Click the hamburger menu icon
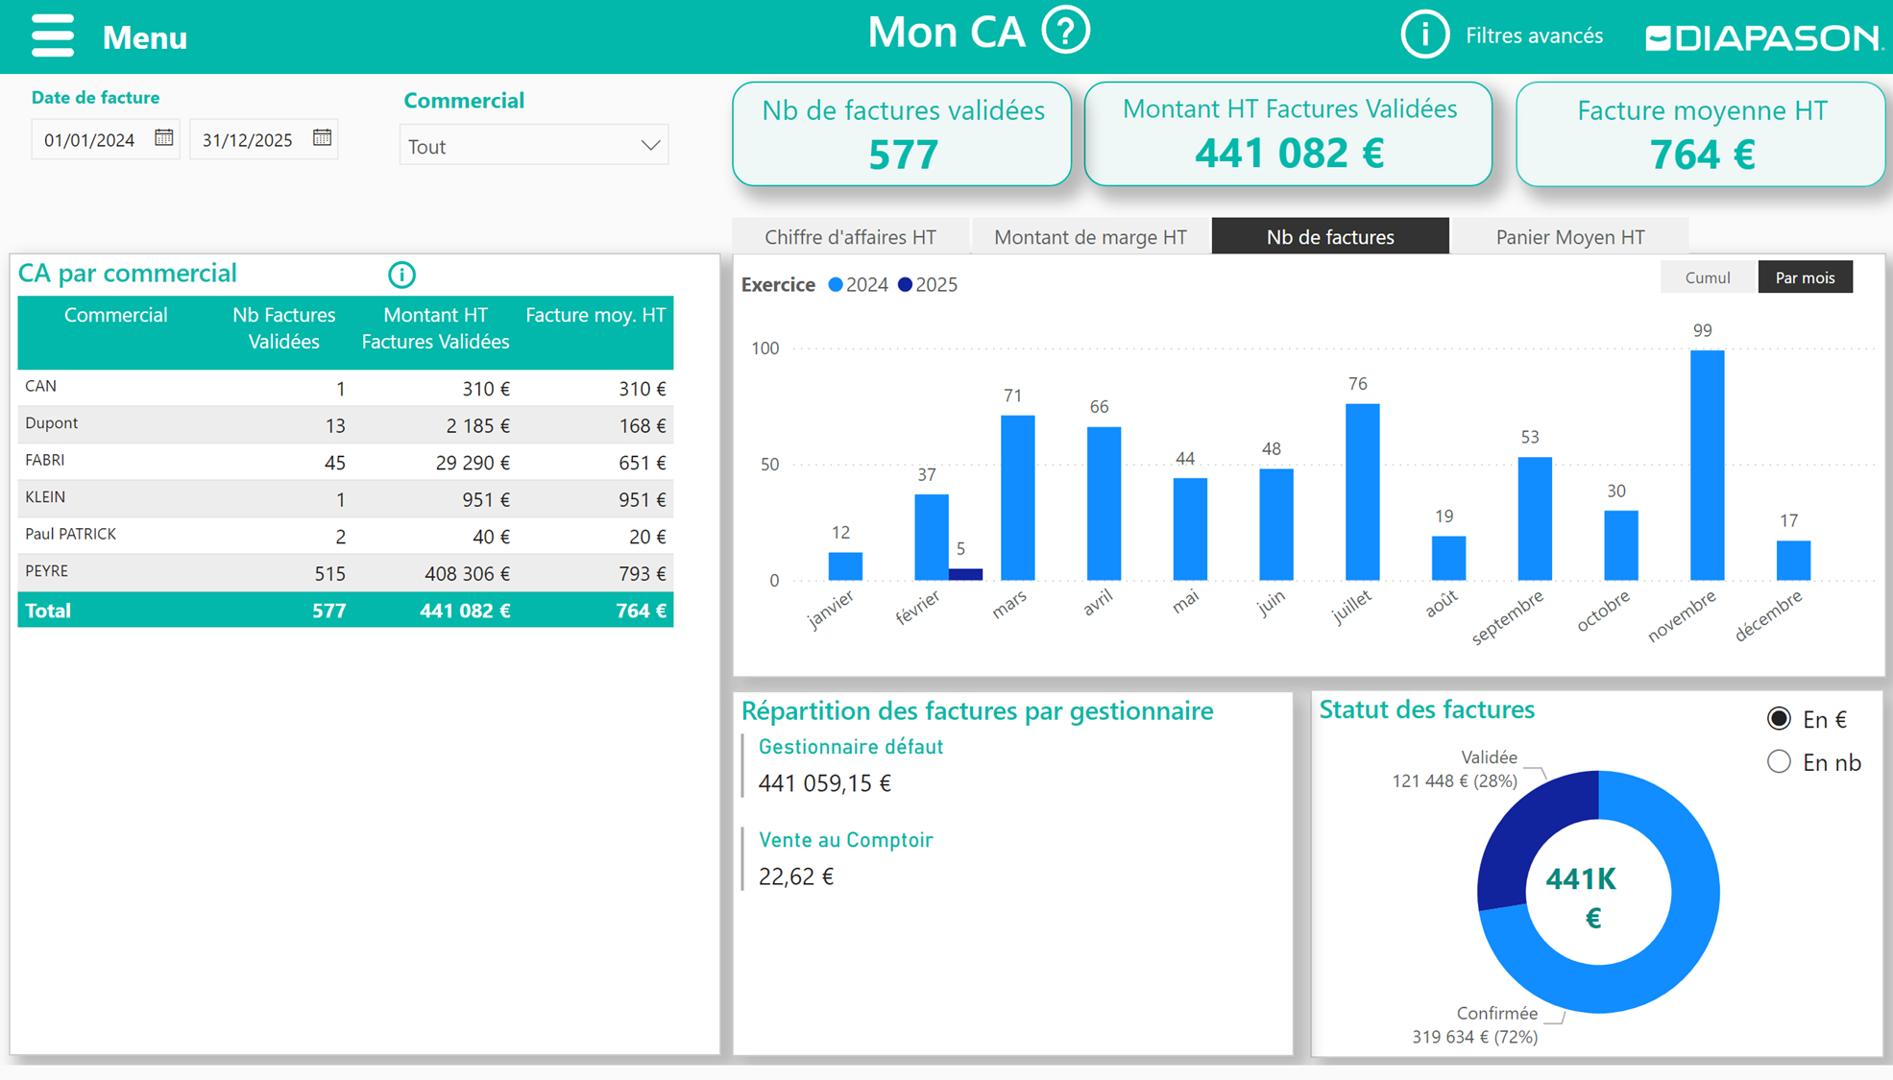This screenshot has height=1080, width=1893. pos(52,36)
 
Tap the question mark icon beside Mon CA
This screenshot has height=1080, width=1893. pos(1065,31)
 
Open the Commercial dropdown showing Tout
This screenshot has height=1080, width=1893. pos(534,146)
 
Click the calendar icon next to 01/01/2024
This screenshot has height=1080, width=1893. pos(164,138)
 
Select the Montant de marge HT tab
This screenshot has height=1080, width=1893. pos(1090,237)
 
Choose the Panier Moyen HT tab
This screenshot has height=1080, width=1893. pos(1569,237)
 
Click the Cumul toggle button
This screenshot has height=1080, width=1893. pos(1707,277)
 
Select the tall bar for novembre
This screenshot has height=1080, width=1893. pos(1707,466)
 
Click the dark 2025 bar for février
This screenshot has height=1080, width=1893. pos(965,574)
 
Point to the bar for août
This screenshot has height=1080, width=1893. pos(1448,558)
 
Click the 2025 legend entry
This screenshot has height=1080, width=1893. pos(928,285)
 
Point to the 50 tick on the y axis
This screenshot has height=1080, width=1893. pos(769,465)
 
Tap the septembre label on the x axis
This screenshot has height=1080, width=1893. pos(1507,616)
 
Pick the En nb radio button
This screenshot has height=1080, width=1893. pos(1779,762)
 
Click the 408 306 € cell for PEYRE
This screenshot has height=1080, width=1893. pos(467,574)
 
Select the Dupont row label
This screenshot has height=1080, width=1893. pos(52,423)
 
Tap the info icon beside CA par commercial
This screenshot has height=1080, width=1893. pos(401,276)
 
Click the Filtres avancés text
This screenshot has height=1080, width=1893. pos(1534,36)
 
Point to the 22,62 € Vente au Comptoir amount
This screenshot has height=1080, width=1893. pos(796,876)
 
